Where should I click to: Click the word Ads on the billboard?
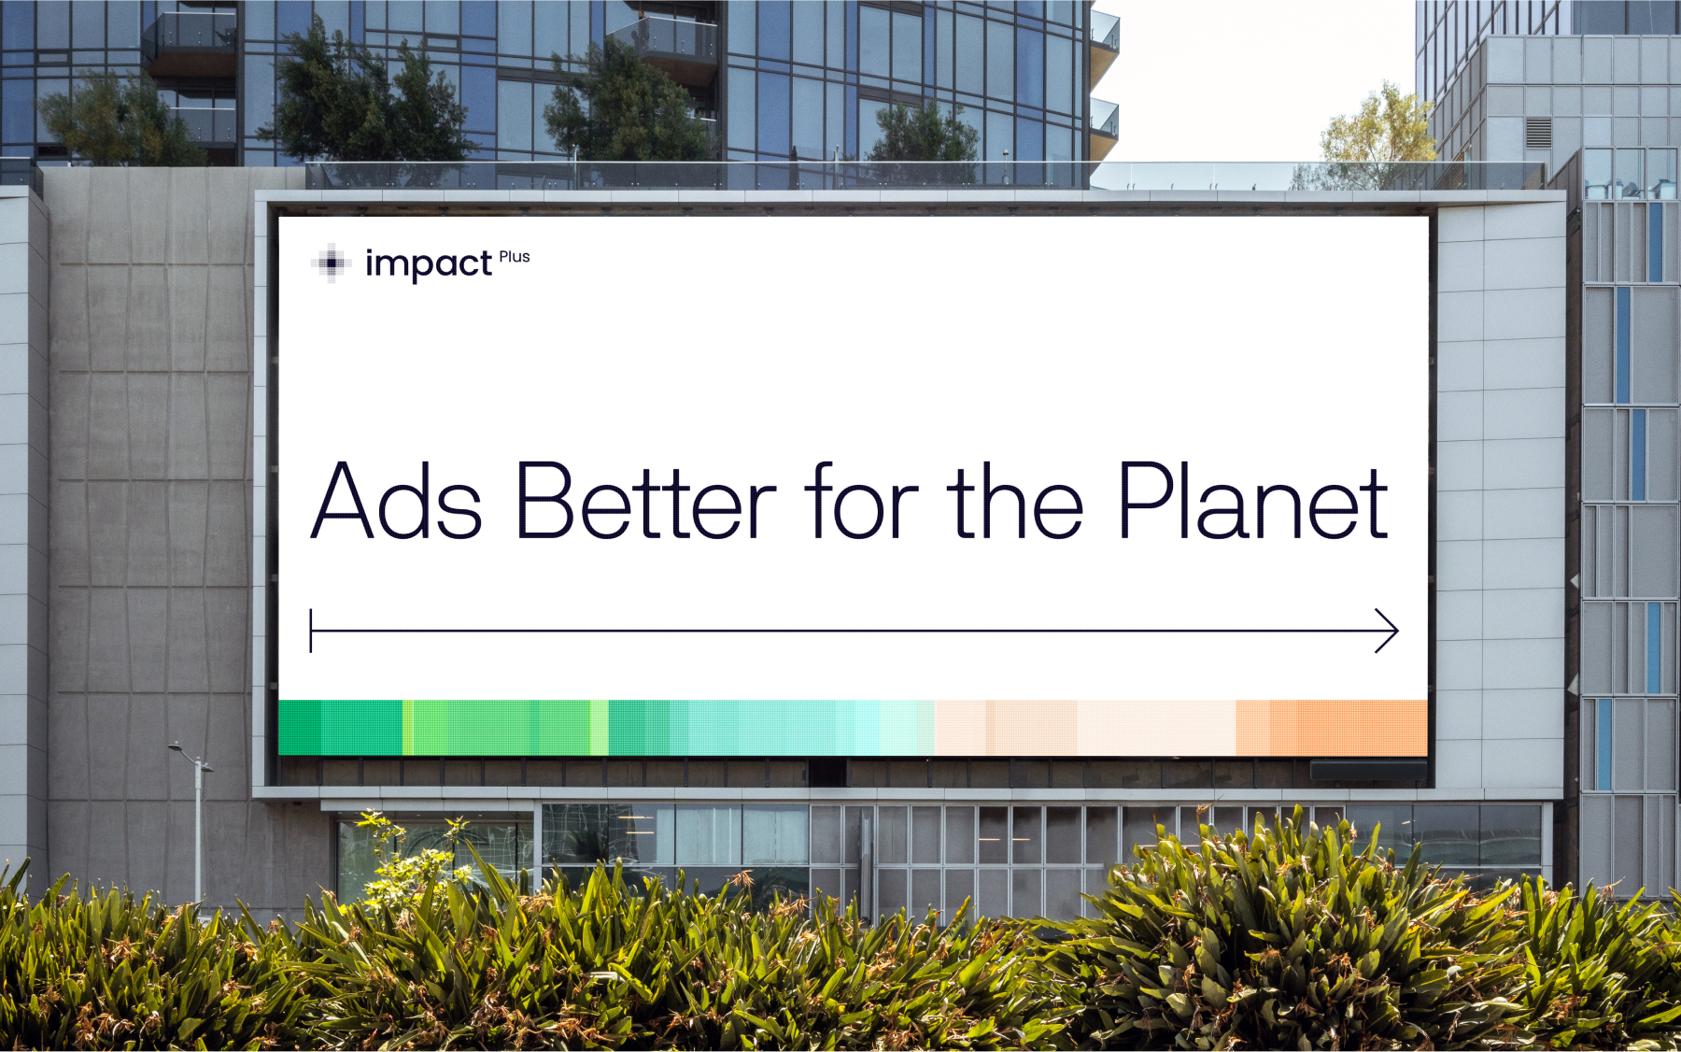(x=397, y=501)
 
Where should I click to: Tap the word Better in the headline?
(x=646, y=501)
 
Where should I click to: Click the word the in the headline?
(x=1016, y=501)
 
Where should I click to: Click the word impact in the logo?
(x=429, y=264)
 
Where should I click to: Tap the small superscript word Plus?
(x=515, y=257)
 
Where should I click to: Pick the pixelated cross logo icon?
(x=332, y=263)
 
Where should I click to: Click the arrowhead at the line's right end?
(x=1387, y=631)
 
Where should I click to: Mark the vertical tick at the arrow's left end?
(x=311, y=631)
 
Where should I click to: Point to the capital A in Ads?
(x=343, y=501)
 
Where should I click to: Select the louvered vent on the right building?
(x=1538, y=133)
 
